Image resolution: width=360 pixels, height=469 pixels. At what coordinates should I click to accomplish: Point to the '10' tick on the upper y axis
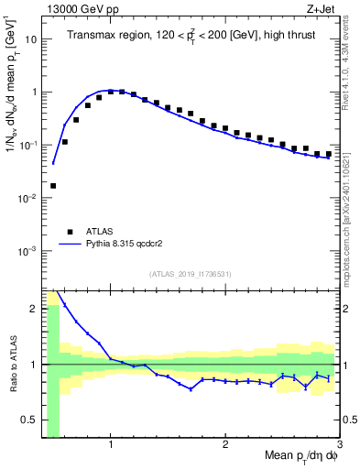click(27, 39)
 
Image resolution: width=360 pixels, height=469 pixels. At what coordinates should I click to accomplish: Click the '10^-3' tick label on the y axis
click(26, 251)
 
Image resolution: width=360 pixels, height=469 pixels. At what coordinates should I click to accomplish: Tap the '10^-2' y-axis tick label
click(26, 198)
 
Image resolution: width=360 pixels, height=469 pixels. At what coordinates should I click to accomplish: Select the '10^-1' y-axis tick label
click(26, 145)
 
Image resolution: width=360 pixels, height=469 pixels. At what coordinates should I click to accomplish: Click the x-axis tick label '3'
click(339, 445)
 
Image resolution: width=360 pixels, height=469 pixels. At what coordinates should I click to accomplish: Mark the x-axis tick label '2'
click(225, 445)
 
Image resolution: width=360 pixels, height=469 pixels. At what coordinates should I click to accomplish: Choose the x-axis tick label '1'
click(111, 445)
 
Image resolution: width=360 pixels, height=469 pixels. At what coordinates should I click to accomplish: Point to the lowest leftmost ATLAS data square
click(53, 185)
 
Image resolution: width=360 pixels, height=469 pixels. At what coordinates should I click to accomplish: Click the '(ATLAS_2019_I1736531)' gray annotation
click(190, 273)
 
